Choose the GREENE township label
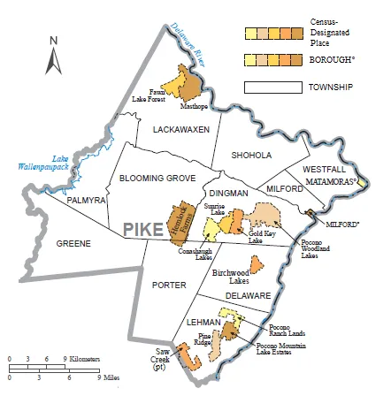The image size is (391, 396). point(73,242)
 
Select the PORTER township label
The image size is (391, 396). point(168,285)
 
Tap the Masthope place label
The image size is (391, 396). point(193,105)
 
